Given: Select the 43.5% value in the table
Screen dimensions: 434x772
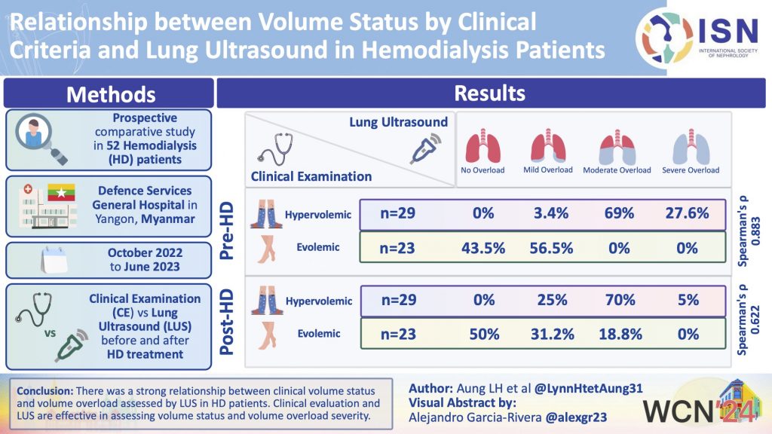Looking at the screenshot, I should coord(483,247).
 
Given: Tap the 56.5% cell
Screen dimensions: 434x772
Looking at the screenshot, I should coord(548,247).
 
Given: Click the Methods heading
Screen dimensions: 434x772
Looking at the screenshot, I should coord(111,94).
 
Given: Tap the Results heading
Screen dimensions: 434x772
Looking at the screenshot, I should coord(489,93).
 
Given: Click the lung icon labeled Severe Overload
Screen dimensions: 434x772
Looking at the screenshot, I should coord(689,146).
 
